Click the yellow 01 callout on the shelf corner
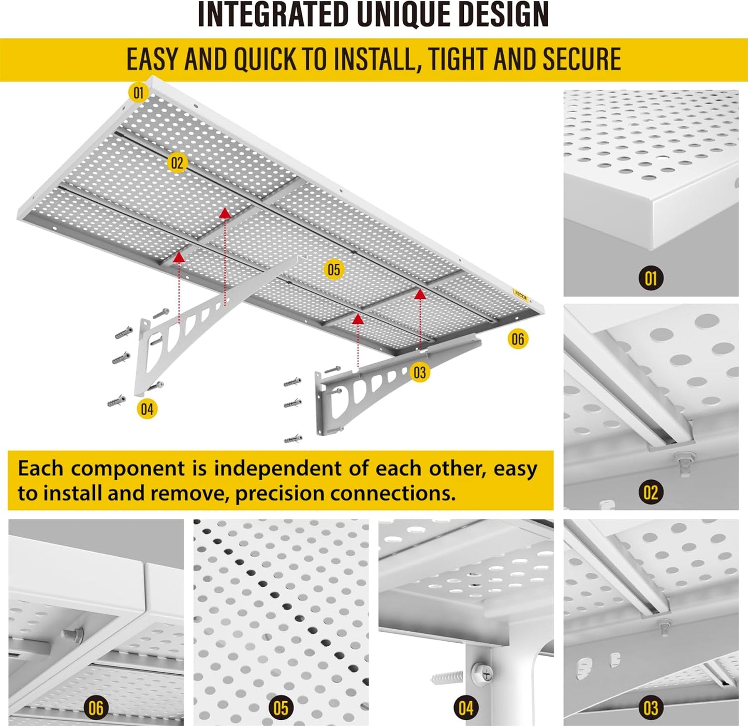138,93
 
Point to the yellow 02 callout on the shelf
177,164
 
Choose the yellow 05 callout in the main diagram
334,270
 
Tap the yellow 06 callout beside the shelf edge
518,339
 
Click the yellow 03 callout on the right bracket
420,373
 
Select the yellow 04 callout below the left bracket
147,409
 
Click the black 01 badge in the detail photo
651,278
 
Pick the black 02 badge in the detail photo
651,493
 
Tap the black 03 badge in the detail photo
651,708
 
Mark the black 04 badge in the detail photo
465,708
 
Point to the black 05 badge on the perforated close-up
281,708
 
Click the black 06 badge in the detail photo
96,708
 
